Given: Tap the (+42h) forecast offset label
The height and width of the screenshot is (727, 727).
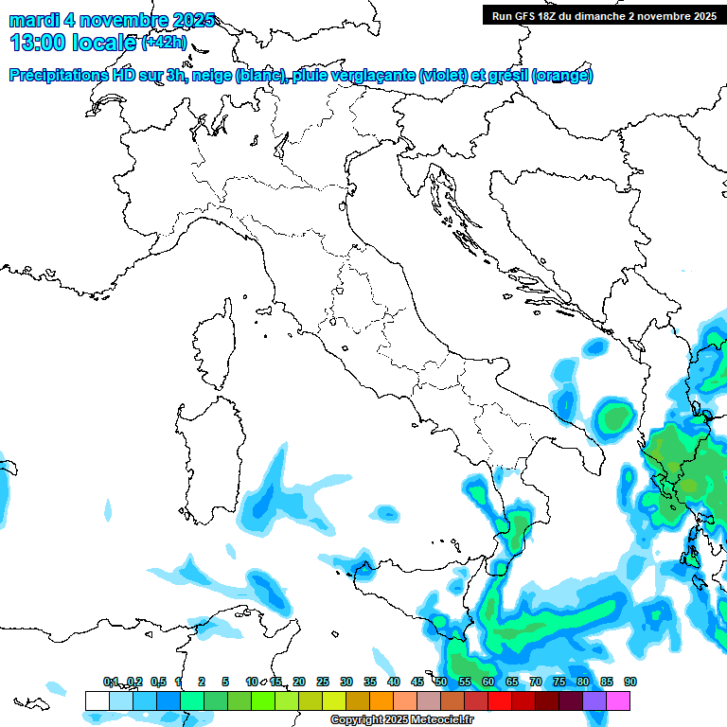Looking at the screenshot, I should click(166, 43).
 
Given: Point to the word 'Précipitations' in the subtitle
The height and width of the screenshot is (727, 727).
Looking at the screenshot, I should click(57, 76).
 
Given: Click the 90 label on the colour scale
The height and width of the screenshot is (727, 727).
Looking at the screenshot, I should click(629, 682).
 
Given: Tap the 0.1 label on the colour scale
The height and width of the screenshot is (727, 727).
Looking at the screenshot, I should click(111, 682).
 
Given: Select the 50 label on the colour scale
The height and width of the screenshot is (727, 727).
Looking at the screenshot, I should click(441, 682).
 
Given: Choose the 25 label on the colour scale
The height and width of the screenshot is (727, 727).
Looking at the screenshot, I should click(323, 682).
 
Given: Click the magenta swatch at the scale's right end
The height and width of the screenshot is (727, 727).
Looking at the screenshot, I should click(618, 700).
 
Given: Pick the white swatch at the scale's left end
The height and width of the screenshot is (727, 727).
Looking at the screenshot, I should click(97, 700).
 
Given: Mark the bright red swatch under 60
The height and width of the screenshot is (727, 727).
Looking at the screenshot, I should click(500, 700).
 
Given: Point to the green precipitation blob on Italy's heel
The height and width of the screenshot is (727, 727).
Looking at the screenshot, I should click(615, 416).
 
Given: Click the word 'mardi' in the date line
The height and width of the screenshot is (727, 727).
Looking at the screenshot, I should click(30, 20).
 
